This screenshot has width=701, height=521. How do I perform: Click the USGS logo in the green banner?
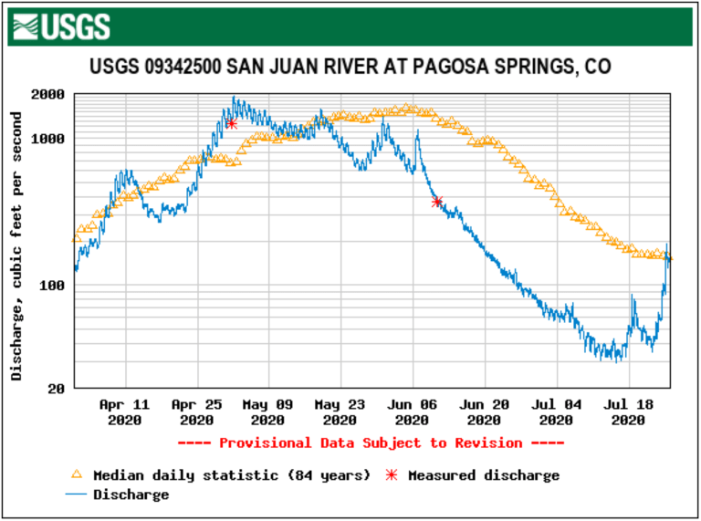coord(63,26)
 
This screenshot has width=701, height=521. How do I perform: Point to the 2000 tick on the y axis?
coord(47,94)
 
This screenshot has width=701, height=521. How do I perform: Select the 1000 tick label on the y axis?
coord(47,139)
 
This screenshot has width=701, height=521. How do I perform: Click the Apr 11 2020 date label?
coord(125,412)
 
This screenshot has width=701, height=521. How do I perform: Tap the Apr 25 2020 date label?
coord(197,412)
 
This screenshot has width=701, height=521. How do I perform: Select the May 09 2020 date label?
coord(268,412)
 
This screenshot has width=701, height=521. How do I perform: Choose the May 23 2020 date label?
coord(340,412)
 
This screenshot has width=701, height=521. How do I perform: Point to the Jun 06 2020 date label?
coord(412,412)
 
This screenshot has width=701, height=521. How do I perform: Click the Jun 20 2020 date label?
coord(484,412)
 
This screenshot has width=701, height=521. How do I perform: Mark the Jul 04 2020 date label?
coord(555,412)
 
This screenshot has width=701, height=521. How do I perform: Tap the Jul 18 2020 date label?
coord(627,412)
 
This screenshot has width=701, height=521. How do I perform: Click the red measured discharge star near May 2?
coord(232,123)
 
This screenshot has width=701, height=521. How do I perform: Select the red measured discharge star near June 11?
coord(436,202)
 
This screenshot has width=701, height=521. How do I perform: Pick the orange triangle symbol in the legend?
coord(78,474)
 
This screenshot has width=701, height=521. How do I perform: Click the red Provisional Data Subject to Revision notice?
coord(371,443)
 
